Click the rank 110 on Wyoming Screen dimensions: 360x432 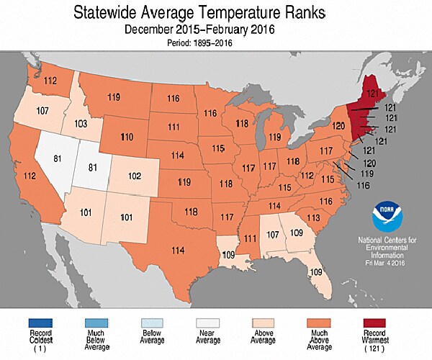tap(127, 137)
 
